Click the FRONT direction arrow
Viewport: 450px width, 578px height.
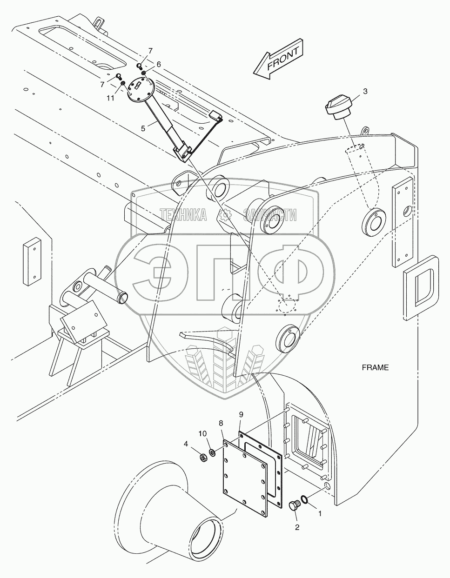pos(278,60)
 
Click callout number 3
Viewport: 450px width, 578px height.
pos(365,92)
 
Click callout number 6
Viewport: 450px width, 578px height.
pos(158,65)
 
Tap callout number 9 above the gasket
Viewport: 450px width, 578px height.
pos(241,414)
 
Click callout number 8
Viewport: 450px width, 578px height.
pos(221,423)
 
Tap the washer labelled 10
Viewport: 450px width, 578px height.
pos(212,452)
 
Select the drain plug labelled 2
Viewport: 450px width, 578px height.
pos(294,505)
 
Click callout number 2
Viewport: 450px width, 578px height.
pos(297,527)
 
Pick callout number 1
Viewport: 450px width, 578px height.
pos(320,515)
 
